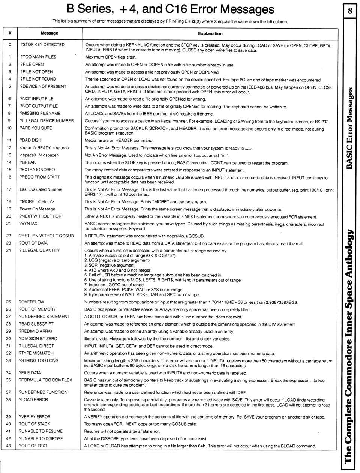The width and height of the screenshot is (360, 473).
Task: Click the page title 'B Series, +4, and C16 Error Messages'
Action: pos(170,9)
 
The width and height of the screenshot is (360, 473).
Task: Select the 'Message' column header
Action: pos(49,33)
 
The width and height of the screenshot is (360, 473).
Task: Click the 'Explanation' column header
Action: pos(210,33)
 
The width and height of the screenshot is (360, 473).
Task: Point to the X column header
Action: pos(10,33)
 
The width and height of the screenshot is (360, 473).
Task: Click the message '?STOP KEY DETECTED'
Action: pos(42,45)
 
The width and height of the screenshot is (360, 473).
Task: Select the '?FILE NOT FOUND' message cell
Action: pos(38,79)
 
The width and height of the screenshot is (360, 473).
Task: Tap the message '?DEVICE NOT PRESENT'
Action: pos(43,86)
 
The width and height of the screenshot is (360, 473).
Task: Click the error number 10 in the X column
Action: pos(9,128)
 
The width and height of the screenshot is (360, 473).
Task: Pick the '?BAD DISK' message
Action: pos(30,140)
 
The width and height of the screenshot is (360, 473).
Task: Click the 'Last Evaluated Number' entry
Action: pos(41,189)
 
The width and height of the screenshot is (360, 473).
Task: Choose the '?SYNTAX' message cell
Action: pos(28,224)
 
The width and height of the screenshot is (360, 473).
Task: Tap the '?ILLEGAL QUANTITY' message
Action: pos(39,250)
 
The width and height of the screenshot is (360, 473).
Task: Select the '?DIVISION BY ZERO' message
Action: pos(38,338)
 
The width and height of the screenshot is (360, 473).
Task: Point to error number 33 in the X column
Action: pos(9,360)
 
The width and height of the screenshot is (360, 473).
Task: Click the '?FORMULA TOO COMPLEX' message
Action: pos(46,380)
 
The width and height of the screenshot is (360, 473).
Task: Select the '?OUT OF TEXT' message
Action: pos(33,446)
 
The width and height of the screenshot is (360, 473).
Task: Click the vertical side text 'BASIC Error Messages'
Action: pos(349,128)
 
